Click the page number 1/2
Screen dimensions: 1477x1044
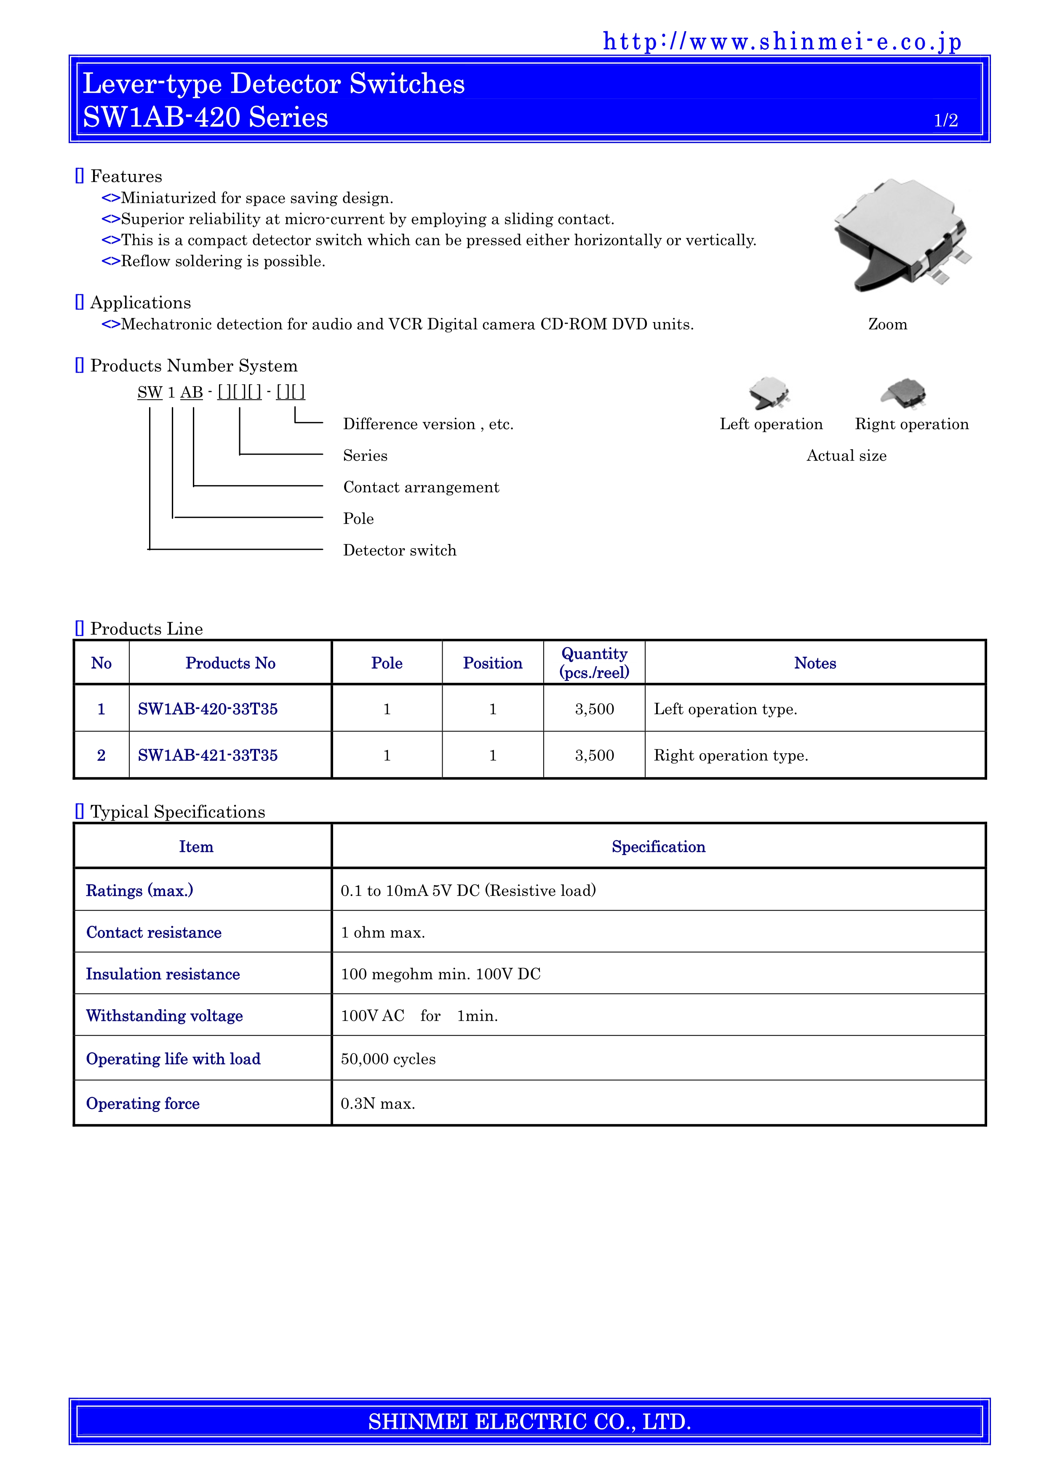tap(945, 120)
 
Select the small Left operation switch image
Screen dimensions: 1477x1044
tap(770, 392)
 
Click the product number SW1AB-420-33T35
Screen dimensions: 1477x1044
tap(208, 709)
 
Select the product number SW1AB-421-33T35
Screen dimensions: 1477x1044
tap(208, 755)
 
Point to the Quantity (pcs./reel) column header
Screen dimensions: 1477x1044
tap(594, 663)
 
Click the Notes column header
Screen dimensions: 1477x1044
tap(815, 663)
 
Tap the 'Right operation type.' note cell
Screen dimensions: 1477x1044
tap(731, 755)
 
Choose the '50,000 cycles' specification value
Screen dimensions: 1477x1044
tap(388, 1059)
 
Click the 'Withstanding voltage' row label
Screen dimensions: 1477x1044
tap(165, 1016)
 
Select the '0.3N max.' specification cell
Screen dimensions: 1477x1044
tap(378, 1104)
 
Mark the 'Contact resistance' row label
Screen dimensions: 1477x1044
tap(154, 933)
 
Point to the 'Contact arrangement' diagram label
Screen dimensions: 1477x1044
tap(421, 488)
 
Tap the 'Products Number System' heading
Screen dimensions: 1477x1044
tap(194, 366)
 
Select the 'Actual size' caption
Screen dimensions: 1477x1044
tap(846, 456)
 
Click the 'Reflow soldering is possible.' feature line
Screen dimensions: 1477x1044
tap(222, 261)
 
